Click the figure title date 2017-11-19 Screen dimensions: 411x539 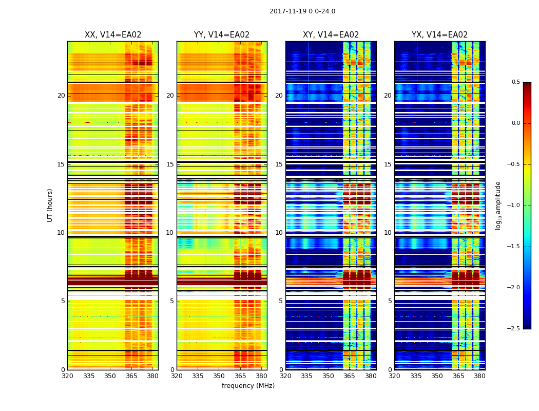302,11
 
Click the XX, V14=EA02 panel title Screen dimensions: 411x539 113,35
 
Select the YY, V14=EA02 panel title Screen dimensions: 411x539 222,35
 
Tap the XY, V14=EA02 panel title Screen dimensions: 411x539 331,35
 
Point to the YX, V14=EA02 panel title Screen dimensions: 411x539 439,35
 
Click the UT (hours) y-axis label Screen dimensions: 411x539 50,205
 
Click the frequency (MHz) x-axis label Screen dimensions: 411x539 248,386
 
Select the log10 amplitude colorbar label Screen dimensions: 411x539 498,206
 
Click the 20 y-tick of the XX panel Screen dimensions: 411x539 61,96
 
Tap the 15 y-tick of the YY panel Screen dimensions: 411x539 170,164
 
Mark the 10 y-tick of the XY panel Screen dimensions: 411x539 279,233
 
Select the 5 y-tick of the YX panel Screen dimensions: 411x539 390,301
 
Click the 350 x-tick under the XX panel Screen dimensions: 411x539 110,376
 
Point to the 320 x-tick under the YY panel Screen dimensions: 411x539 177,376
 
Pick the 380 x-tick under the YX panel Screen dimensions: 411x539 479,376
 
